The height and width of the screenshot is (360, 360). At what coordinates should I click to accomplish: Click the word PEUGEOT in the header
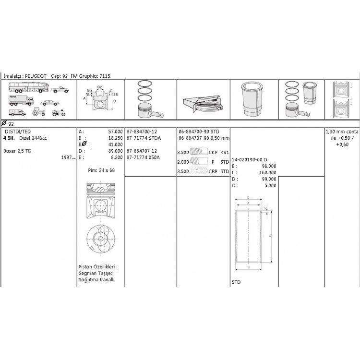pos(36,76)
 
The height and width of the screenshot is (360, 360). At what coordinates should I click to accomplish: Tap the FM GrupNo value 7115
pos(105,76)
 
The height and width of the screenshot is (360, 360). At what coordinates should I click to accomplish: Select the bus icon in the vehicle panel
pos(29,87)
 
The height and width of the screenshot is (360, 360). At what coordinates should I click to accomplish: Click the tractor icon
pos(38,112)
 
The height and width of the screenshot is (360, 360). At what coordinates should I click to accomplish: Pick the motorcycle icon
pos(59,112)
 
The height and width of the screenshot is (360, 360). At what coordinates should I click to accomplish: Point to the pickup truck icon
pos(60,90)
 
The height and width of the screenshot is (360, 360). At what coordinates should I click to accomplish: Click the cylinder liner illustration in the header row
pos(252,99)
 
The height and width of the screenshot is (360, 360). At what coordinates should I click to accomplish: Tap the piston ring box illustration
pos(203,104)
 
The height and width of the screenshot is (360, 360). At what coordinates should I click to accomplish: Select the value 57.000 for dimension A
pos(116,132)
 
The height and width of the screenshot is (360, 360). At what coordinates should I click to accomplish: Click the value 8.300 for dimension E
pos(117,157)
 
